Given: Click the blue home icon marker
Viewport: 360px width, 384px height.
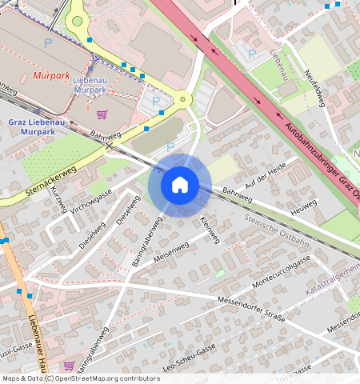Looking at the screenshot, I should [x=180, y=185].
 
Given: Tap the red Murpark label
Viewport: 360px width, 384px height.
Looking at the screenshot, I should [x=53, y=76].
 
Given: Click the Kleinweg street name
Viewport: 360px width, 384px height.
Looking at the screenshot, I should [x=209, y=230].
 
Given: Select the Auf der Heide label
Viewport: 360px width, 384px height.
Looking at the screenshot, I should [x=266, y=174].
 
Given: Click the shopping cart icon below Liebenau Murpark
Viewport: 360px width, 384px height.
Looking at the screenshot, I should [x=101, y=114].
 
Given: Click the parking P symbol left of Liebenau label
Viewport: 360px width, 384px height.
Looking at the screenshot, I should [x=253, y=54].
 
